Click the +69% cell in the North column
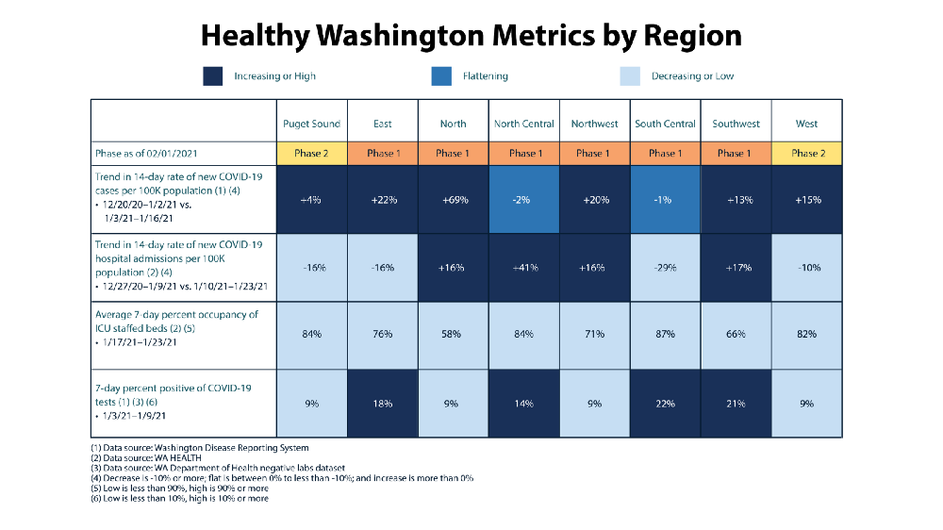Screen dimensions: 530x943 click(x=453, y=200)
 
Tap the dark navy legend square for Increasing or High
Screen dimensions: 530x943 click(x=213, y=76)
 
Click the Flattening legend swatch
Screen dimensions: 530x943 click(x=440, y=76)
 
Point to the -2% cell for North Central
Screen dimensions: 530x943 click(x=523, y=200)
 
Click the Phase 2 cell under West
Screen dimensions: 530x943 click(x=806, y=153)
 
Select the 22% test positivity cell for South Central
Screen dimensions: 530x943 click(x=665, y=403)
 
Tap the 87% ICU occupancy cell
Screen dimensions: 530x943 click(x=665, y=334)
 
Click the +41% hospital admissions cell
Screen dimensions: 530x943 click(x=523, y=268)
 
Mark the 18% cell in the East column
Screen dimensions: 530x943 click(x=382, y=403)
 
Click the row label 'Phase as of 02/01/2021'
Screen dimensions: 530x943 click(x=146, y=153)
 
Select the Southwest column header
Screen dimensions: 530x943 click(x=736, y=124)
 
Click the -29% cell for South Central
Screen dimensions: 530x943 click(x=665, y=268)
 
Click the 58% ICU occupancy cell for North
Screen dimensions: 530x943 click(x=453, y=334)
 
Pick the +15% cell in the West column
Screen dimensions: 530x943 click(x=806, y=200)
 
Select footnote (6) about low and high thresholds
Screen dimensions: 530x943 click(x=179, y=498)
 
